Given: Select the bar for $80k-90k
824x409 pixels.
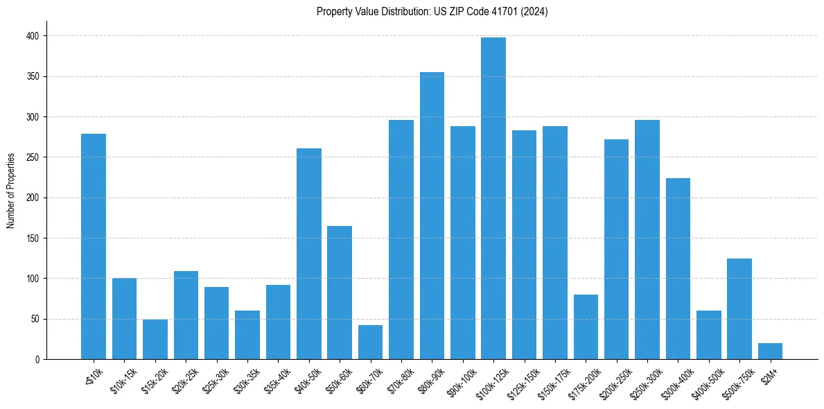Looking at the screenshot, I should [432, 216].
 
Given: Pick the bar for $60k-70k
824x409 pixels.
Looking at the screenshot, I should [370, 342].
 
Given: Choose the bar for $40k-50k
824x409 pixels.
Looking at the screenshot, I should [309, 254].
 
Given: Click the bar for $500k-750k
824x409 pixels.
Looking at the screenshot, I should [739, 308].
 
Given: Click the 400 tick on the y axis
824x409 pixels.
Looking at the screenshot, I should [34, 36].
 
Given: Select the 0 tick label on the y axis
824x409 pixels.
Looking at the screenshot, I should [38, 360].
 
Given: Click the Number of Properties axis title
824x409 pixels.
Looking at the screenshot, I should [11, 190].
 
